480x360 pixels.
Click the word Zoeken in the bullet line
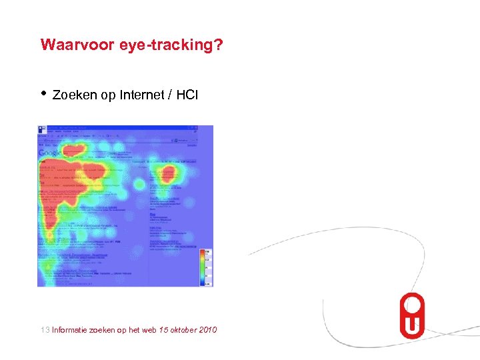[75, 95]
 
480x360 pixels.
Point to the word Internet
[141, 95]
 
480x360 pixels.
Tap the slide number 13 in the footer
[45, 329]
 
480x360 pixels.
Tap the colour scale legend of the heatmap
[206, 267]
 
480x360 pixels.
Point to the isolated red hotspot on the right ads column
[164, 175]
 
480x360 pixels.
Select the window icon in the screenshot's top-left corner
[41, 128]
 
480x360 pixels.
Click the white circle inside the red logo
[411, 304]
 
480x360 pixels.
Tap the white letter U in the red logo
[411, 325]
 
